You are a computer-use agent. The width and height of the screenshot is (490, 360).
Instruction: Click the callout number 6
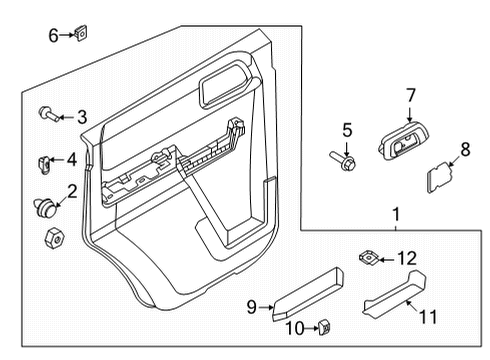53,36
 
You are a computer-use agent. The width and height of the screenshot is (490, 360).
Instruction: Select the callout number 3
82,117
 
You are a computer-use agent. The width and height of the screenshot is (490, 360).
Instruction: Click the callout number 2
71,189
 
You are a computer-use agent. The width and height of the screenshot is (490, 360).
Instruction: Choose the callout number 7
410,96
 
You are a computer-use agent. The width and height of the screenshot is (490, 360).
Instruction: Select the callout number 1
396,214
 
